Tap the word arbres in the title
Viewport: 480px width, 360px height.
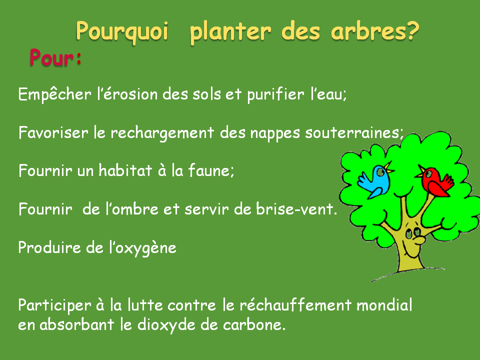370,30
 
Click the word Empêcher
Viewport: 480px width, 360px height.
55,94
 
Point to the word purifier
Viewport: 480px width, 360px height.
275,94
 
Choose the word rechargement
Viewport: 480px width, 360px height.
162,133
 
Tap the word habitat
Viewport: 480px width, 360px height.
125,170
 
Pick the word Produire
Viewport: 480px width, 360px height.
49,247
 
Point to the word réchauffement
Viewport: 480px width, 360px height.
295,305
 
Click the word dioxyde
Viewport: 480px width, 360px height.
166,325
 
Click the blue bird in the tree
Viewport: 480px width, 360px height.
375,181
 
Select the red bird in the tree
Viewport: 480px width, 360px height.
435,181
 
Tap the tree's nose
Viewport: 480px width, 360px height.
419,239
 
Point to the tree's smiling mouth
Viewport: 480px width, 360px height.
411,250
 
